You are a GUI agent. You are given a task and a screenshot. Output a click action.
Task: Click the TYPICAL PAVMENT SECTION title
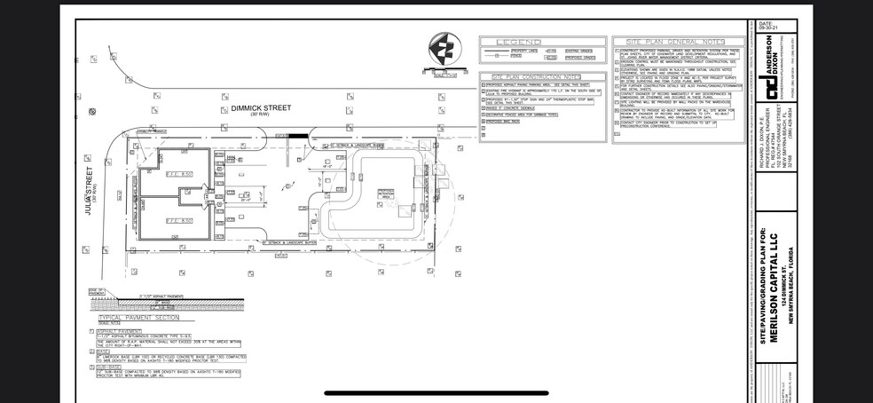[x=135, y=316]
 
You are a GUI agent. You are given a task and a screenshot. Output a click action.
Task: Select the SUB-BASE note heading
[x=110, y=365]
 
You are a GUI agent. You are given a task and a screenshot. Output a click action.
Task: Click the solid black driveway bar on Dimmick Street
[x=301, y=136]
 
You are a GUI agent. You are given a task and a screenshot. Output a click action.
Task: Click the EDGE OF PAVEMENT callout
[x=95, y=293]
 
